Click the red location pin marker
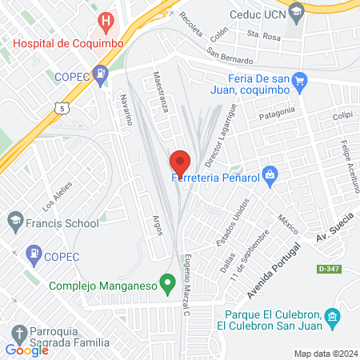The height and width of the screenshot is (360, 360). tap(179, 162)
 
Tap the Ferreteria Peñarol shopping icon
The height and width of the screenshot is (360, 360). tap(270, 174)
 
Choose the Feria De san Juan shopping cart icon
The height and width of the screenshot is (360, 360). tap(300, 79)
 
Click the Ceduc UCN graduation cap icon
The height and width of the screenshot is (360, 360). tap(297, 12)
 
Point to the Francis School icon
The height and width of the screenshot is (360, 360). tap(14, 219)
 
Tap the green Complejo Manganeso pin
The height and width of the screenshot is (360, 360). tap(167, 282)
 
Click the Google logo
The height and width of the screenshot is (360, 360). tap(26, 350)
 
